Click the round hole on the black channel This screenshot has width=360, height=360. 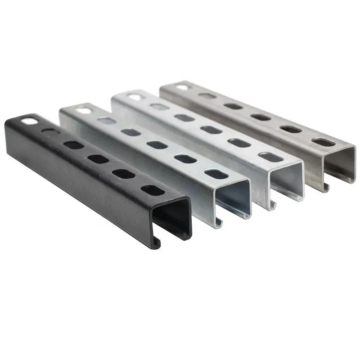click(x=28, y=121)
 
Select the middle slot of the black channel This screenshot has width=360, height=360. click(x=98, y=159)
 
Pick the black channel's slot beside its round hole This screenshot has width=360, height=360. click(x=50, y=132)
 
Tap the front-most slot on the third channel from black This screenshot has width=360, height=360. click(x=270, y=157)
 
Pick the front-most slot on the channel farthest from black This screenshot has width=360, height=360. click(x=323, y=142)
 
